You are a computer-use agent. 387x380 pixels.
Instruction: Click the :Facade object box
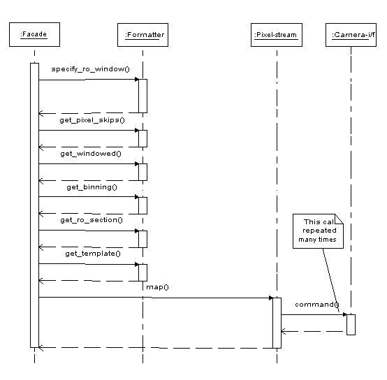(34, 34)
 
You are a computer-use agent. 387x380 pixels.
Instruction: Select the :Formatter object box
(143, 35)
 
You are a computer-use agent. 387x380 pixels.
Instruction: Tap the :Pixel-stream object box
(277, 35)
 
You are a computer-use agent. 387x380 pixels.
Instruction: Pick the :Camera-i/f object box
(351, 35)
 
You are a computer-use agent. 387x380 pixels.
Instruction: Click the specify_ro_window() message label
(90, 69)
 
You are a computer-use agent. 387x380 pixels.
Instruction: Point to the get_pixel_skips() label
(92, 120)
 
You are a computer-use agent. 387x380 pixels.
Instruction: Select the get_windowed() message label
(91, 154)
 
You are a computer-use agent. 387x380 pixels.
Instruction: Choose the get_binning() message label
(92, 187)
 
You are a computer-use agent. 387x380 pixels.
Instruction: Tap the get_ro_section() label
(92, 220)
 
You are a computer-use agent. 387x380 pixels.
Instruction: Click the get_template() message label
(93, 254)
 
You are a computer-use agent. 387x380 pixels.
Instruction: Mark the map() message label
(157, 287)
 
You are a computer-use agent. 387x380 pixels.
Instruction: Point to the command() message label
(317, 305)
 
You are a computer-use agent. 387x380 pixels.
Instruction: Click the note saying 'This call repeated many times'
(318, 231)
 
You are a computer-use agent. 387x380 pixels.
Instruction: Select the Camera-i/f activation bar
(351, 325)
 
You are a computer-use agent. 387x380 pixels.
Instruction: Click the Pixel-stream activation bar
(277, 323)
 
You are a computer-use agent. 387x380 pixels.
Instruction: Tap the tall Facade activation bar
(34, 205)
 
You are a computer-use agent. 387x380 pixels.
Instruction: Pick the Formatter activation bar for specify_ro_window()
(143, 96)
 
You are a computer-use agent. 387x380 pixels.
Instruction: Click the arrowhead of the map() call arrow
(271, 298)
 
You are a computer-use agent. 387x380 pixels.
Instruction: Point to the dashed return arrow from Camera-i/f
(314, 331)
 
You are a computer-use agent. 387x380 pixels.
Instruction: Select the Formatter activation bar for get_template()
(143, 272)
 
